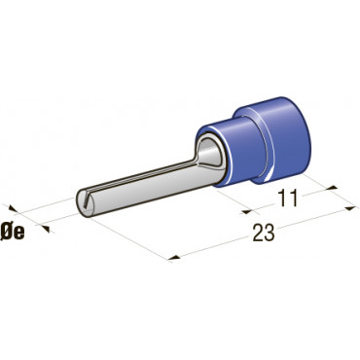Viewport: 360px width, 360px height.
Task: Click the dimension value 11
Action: click(x=288, y=198)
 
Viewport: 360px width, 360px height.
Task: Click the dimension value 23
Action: click(x=264, y=234)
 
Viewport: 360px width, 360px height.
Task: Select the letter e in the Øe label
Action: click(x=18, y=234)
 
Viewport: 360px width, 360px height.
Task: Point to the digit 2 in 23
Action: click(x=258, y=234)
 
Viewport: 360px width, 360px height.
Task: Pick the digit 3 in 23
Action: click(x=270, y=234)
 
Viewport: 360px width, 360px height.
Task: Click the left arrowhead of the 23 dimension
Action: click(x=174, y=258)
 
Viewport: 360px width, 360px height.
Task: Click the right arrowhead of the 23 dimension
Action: click(x=350, y=208)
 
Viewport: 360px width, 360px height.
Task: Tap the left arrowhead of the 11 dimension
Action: click(x=247, y=212)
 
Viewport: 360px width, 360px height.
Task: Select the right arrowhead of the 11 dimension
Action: click(x=333, y=188)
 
